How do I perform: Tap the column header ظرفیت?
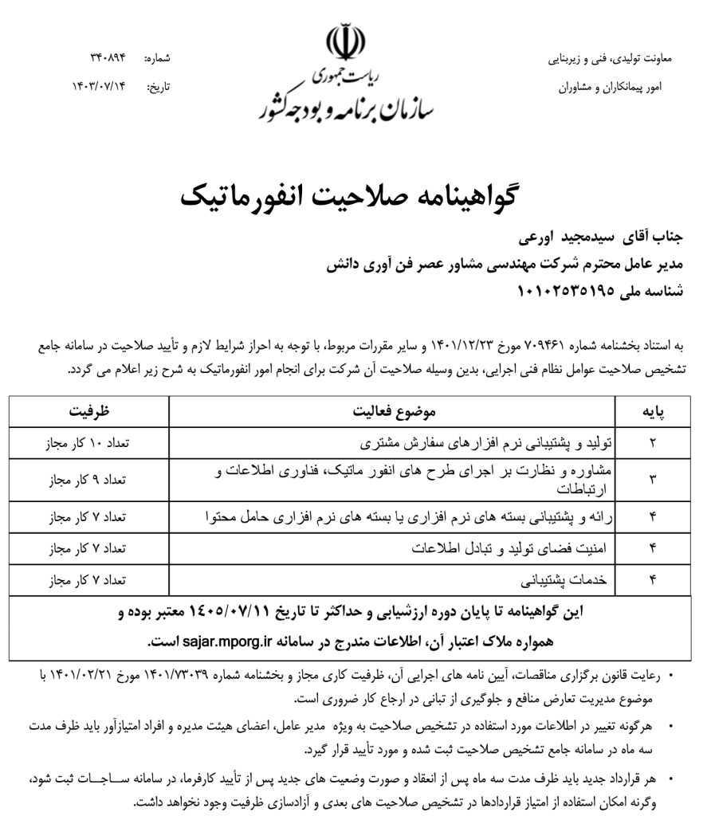[88, 412]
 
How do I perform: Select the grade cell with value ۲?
[653, 441]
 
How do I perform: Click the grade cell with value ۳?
[653, 480]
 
